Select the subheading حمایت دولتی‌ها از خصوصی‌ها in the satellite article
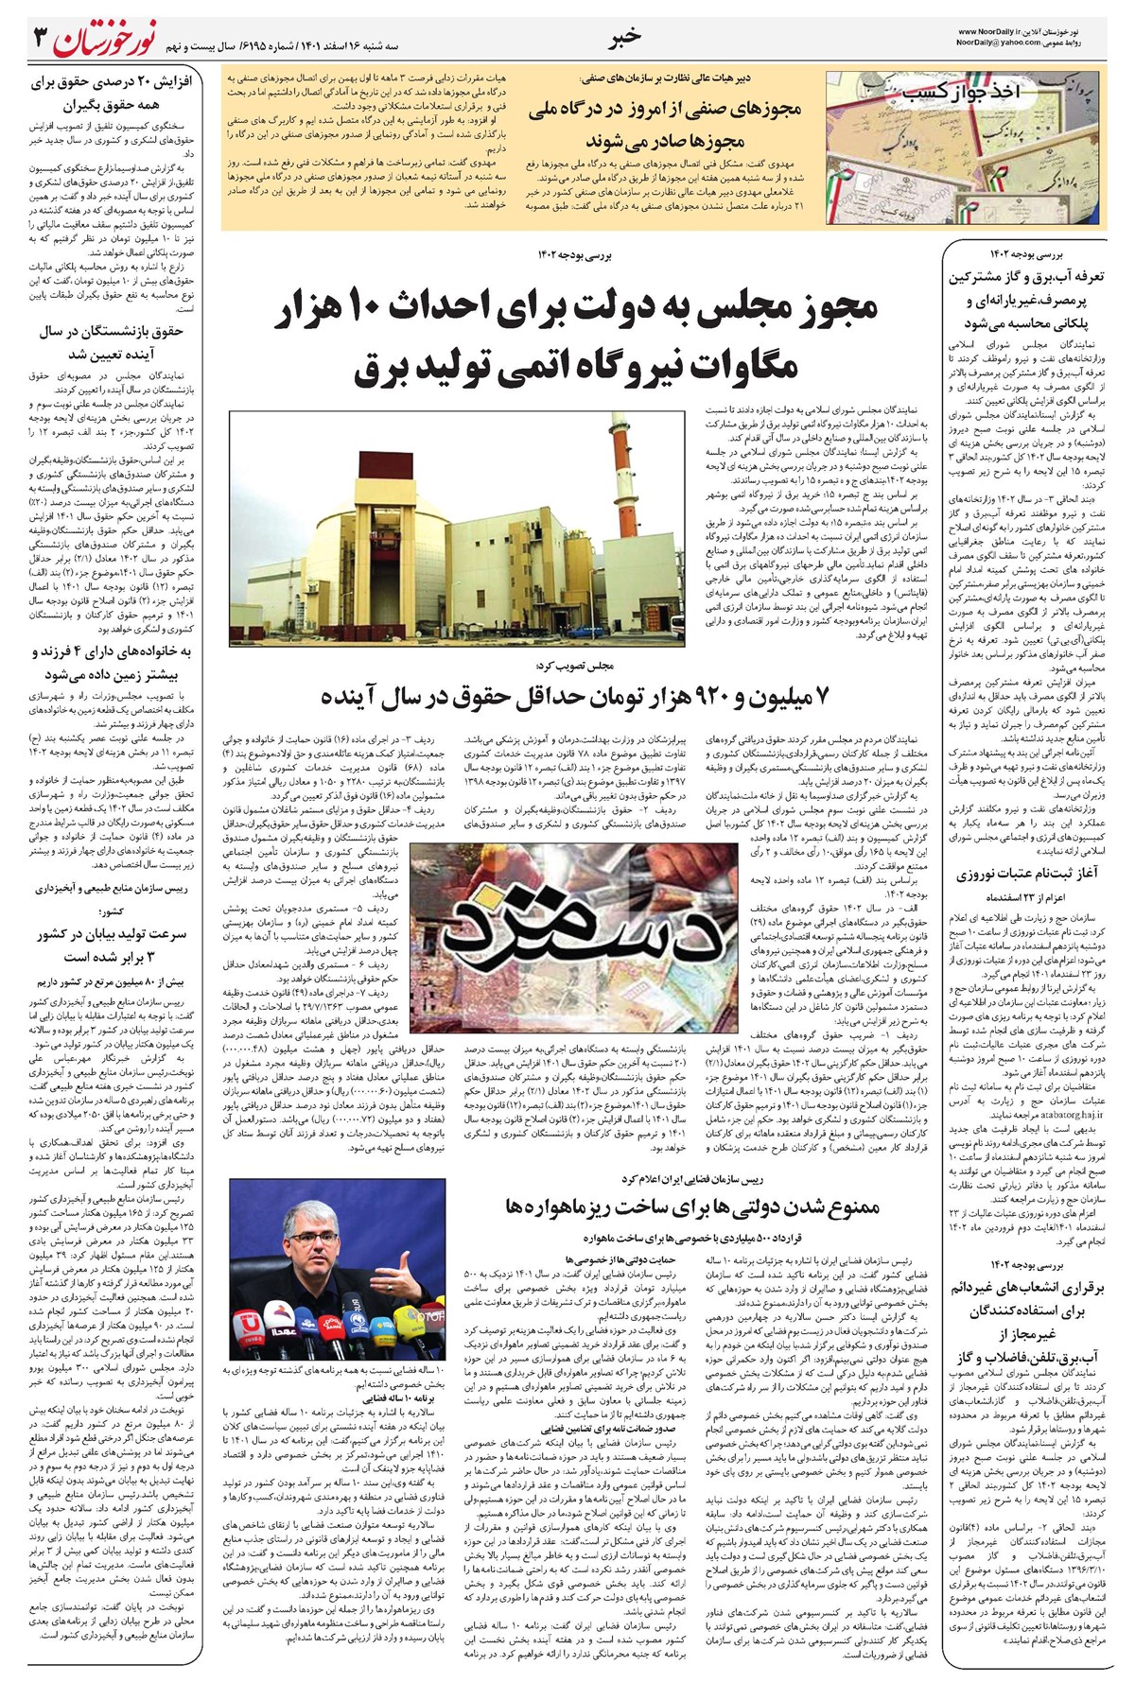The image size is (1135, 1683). tap(566, 1259)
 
